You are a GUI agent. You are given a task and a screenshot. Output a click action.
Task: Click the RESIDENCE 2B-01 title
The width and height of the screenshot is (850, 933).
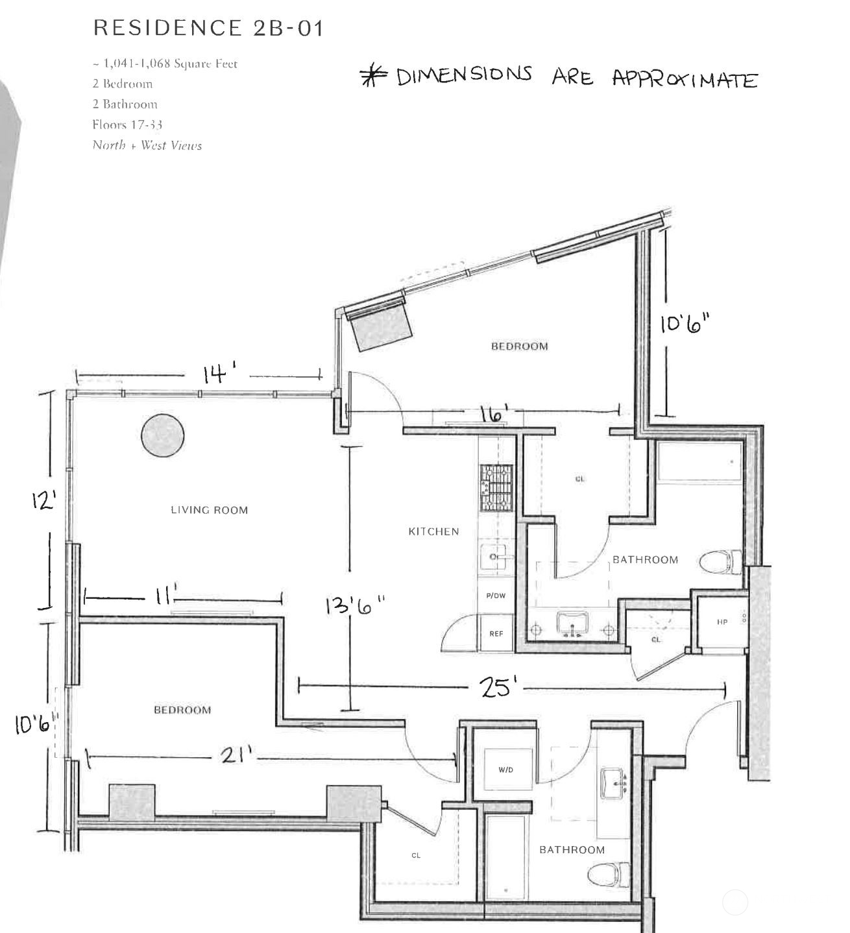tap(208, 28)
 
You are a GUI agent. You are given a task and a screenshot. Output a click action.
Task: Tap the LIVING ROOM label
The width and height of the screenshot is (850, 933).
tap(209, 510)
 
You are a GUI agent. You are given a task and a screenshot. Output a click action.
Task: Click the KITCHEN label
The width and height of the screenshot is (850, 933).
tap(433, 531)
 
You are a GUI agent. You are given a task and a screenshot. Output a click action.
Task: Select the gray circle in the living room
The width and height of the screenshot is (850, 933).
tap(162, 435)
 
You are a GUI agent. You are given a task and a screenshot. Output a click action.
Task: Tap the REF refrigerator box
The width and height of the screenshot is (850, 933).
tap(496, 634)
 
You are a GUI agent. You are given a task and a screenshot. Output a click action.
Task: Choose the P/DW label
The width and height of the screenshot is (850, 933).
tap(496, 596)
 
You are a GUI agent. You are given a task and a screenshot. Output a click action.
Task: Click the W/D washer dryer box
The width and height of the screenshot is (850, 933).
tap(505, 770)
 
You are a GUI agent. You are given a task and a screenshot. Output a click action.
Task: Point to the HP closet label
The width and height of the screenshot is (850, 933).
tap(722, 622)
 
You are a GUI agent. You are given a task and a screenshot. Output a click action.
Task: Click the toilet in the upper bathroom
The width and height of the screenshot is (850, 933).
tap(722, 561)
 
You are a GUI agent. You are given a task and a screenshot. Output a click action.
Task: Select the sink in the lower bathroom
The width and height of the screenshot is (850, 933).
tap(613, 784)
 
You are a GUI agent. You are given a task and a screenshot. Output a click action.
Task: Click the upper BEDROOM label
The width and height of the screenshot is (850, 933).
tap(519, 346)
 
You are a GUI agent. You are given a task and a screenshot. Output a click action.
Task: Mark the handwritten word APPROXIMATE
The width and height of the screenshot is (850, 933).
tap(685, 79)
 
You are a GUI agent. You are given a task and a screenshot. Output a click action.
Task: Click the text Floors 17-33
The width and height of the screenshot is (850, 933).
tap(127, 125)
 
